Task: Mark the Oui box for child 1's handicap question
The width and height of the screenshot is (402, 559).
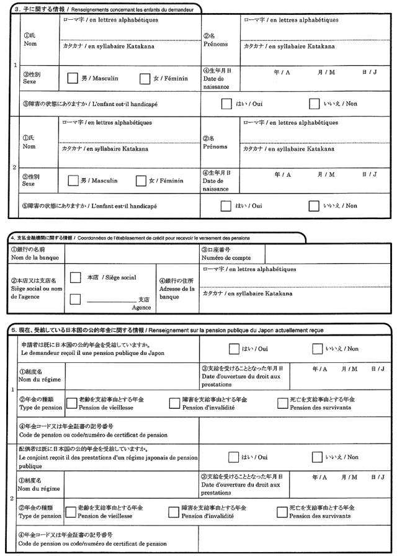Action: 226,104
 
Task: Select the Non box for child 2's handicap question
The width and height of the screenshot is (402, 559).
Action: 314,205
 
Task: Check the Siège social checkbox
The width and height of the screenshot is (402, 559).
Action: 76,278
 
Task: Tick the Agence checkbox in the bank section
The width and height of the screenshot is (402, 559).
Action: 76,300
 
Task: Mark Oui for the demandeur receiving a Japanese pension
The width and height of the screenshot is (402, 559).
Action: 234,349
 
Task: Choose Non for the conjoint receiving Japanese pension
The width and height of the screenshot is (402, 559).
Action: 317,457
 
